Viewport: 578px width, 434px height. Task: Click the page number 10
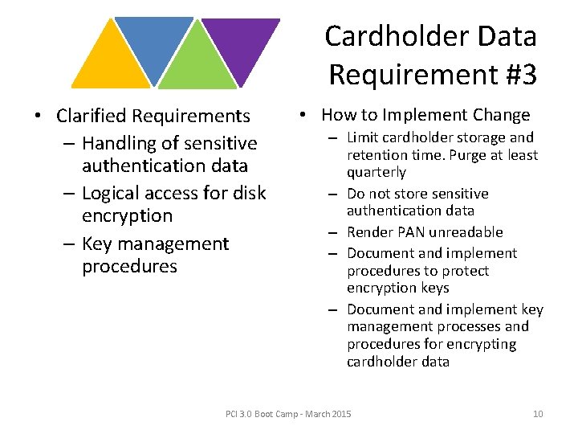538,414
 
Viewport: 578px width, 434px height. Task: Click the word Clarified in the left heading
88,117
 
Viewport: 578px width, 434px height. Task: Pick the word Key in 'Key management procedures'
97,244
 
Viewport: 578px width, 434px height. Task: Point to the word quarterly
377,172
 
